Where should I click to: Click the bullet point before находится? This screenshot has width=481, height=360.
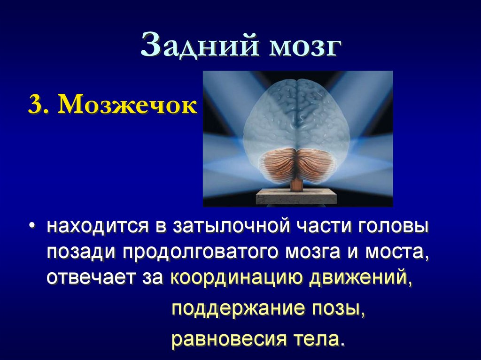click(31, 228)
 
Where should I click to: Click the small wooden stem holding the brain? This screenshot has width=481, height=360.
click(296, 184)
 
